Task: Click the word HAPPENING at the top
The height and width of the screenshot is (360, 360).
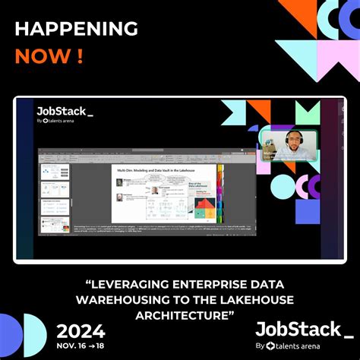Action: coord(77,29)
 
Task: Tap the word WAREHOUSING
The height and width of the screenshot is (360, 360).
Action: coord(128,299)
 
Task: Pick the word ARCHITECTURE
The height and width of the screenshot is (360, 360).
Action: coord(181,314)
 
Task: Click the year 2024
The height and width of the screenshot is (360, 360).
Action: coord(81,331)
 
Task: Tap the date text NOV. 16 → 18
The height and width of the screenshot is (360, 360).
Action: coord(81,346)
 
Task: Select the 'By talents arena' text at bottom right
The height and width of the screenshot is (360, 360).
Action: coord(302,346)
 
